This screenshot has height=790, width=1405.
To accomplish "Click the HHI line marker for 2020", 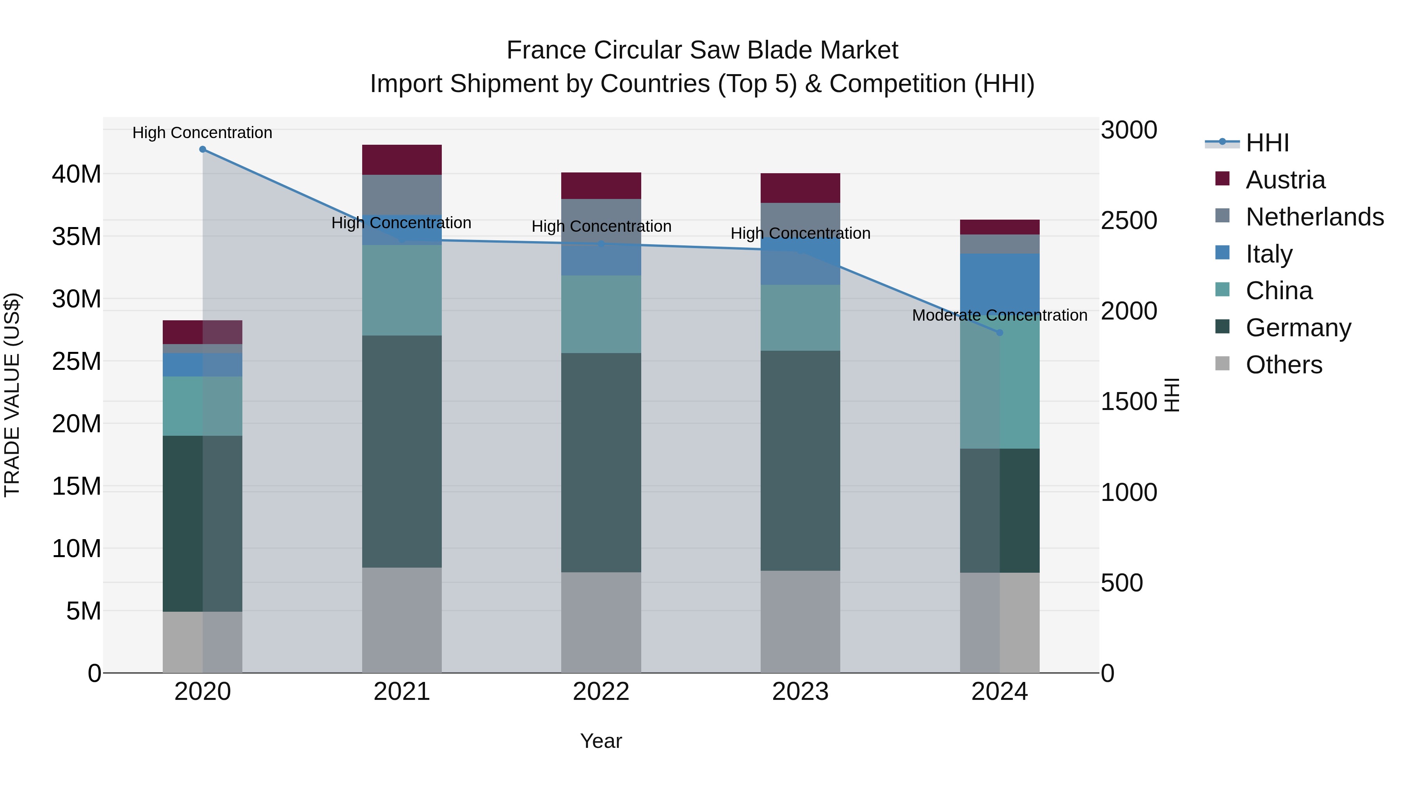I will tap(202, 149).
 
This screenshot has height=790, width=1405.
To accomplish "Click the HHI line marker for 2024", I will tap(999, 332).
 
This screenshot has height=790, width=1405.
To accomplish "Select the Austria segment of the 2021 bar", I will tap(402, 160).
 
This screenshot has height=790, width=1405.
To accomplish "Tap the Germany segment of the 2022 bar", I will tap(601, 462).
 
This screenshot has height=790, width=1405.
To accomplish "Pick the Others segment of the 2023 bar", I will tap(800, 621).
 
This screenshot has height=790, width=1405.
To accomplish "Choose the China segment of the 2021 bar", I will tap(402, 290).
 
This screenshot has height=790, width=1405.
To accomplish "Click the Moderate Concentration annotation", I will tap(999, 315).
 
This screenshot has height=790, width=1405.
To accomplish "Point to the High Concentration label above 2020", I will tap(202, 133).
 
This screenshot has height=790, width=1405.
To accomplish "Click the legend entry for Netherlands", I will tap(1314, 217).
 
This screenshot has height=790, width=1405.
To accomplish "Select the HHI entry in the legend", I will tap(1267, 143).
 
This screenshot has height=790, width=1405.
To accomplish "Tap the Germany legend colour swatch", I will tap(1222, 327).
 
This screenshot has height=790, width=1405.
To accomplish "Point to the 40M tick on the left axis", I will tap(76, 174).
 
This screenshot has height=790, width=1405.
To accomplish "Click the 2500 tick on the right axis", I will tap(1128, 221).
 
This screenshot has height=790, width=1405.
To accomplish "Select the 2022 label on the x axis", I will tap(601, 692).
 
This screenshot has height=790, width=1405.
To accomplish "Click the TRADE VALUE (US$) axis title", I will tap(12, 395).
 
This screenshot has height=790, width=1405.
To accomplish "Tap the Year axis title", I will tap(601, 741).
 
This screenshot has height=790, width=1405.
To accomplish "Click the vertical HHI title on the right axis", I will tap(1172, 395).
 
